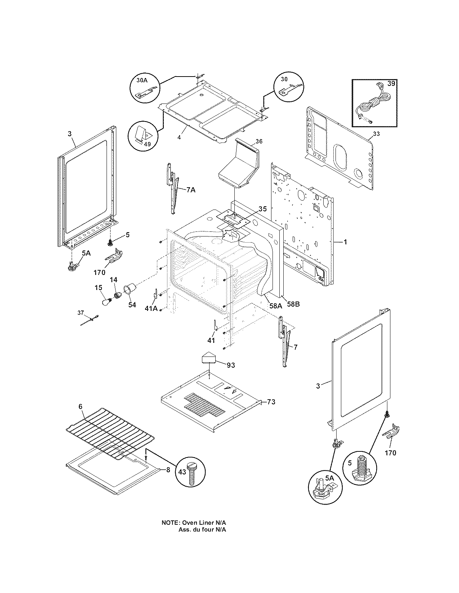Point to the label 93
click(231, 365)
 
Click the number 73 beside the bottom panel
click(271, 402)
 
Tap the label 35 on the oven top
click(263, 208)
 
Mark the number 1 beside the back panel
click(345, 242)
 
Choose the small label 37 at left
click(81, 313)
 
